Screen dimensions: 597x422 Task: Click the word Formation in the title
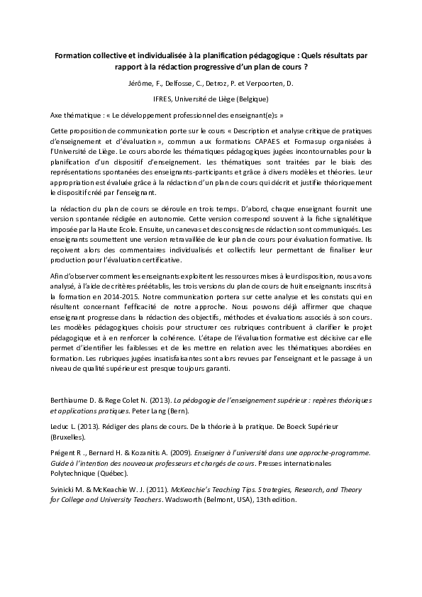tap(74, 54)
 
